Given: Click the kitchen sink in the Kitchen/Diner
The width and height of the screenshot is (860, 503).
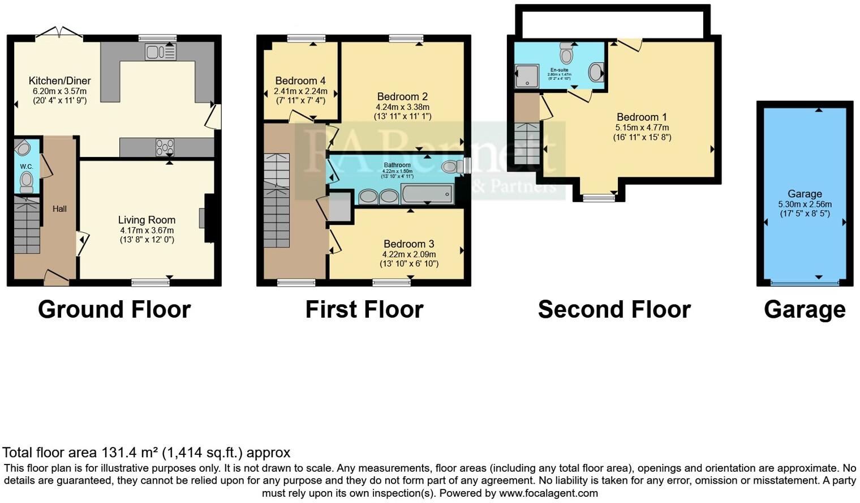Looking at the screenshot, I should coord(161,52).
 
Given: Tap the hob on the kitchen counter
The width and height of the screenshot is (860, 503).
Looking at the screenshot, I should coord(165,147).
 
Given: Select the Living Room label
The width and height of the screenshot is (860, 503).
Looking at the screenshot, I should coord(147,220).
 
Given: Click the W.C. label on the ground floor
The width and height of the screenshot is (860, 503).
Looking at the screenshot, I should coord(27,167).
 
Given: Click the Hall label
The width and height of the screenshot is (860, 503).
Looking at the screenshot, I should coord(59,208).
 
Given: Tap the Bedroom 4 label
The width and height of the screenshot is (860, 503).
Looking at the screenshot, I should coord(300,81).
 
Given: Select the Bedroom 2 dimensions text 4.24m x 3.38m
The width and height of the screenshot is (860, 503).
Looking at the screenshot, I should coord(402,107).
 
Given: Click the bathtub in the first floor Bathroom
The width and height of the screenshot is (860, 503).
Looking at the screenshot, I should coord(427,194).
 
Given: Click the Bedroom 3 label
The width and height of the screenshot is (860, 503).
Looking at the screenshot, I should coord(409,244).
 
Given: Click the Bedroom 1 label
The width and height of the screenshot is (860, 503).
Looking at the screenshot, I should coord(642,117).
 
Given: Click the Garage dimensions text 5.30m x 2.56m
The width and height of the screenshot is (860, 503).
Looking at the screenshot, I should coord(805,204).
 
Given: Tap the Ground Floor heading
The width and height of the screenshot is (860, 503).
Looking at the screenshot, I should coord(114,310).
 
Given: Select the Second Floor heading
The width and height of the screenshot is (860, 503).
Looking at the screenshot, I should coord(614,310).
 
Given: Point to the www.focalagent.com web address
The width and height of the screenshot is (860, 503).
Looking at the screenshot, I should coord(548,493).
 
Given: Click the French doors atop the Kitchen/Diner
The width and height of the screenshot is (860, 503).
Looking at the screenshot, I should coord(59,34).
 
